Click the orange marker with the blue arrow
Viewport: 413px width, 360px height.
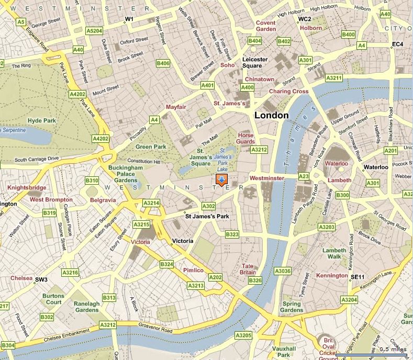point(221,181)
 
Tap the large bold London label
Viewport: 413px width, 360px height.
point(271,115)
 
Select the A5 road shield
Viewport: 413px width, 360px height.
point(21,22)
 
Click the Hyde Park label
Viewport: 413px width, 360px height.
point(42,120)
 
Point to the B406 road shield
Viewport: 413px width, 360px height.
point(163,63)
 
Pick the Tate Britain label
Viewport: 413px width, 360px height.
point(248,269)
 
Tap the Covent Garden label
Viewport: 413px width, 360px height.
point(266,26)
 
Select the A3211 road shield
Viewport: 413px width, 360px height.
point(333,78)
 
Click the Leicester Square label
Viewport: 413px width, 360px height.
point(255,63)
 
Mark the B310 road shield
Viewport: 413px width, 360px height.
point(92,181)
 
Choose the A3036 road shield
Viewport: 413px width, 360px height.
point(282,271)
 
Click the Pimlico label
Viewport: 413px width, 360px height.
point(193,270)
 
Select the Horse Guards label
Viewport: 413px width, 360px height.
point(245,138)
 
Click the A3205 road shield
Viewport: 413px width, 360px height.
point(243,335)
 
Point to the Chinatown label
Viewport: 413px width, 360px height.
point(260,79)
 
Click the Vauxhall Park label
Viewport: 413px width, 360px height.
point(287,352)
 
